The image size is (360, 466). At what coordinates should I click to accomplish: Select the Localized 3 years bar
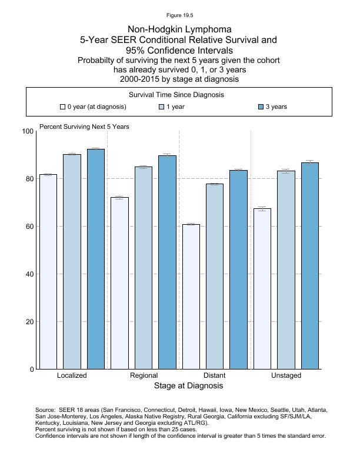[x=96, y=259]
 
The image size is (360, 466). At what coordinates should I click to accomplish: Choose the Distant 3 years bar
[x=238, y=269]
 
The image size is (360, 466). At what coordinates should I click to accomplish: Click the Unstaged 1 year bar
[x=286, y=270]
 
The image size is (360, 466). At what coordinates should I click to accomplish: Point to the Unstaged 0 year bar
[x=262, y=289]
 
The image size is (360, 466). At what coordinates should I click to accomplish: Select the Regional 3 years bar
[x=167, y=262]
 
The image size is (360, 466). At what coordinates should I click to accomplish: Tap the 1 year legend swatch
[x=162, y=107]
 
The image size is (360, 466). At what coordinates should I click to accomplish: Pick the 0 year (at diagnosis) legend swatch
[x=62, y=107]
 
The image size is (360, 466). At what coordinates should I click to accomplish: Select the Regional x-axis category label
[x=144, y=375]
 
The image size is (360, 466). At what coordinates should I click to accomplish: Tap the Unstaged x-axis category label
[x=286, y=375]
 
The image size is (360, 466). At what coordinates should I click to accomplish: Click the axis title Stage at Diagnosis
[x=188, y=386]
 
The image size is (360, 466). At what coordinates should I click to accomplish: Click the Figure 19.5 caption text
[x=179, y=15]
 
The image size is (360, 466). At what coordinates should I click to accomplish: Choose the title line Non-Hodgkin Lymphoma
[x=179, y=29]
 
